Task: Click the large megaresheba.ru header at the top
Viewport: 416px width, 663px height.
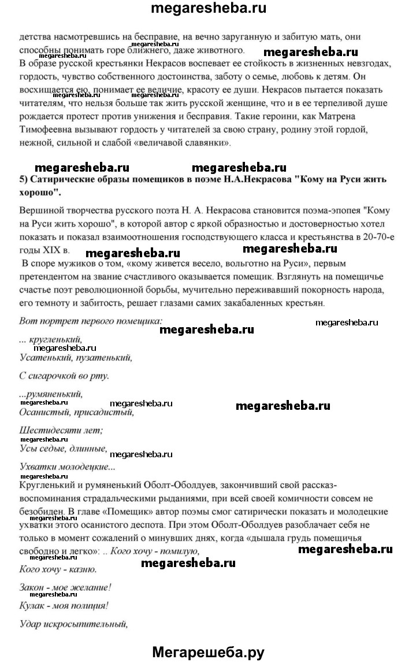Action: click(x=208, y=9)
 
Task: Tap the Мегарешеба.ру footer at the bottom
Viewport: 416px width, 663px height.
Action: click(x=208, y=653)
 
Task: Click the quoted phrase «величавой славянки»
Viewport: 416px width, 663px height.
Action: click(x=236, y=143)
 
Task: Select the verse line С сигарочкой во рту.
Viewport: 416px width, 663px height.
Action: click(x=64, y=376)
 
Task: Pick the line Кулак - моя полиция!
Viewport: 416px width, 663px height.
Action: click(x=64, y=606)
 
